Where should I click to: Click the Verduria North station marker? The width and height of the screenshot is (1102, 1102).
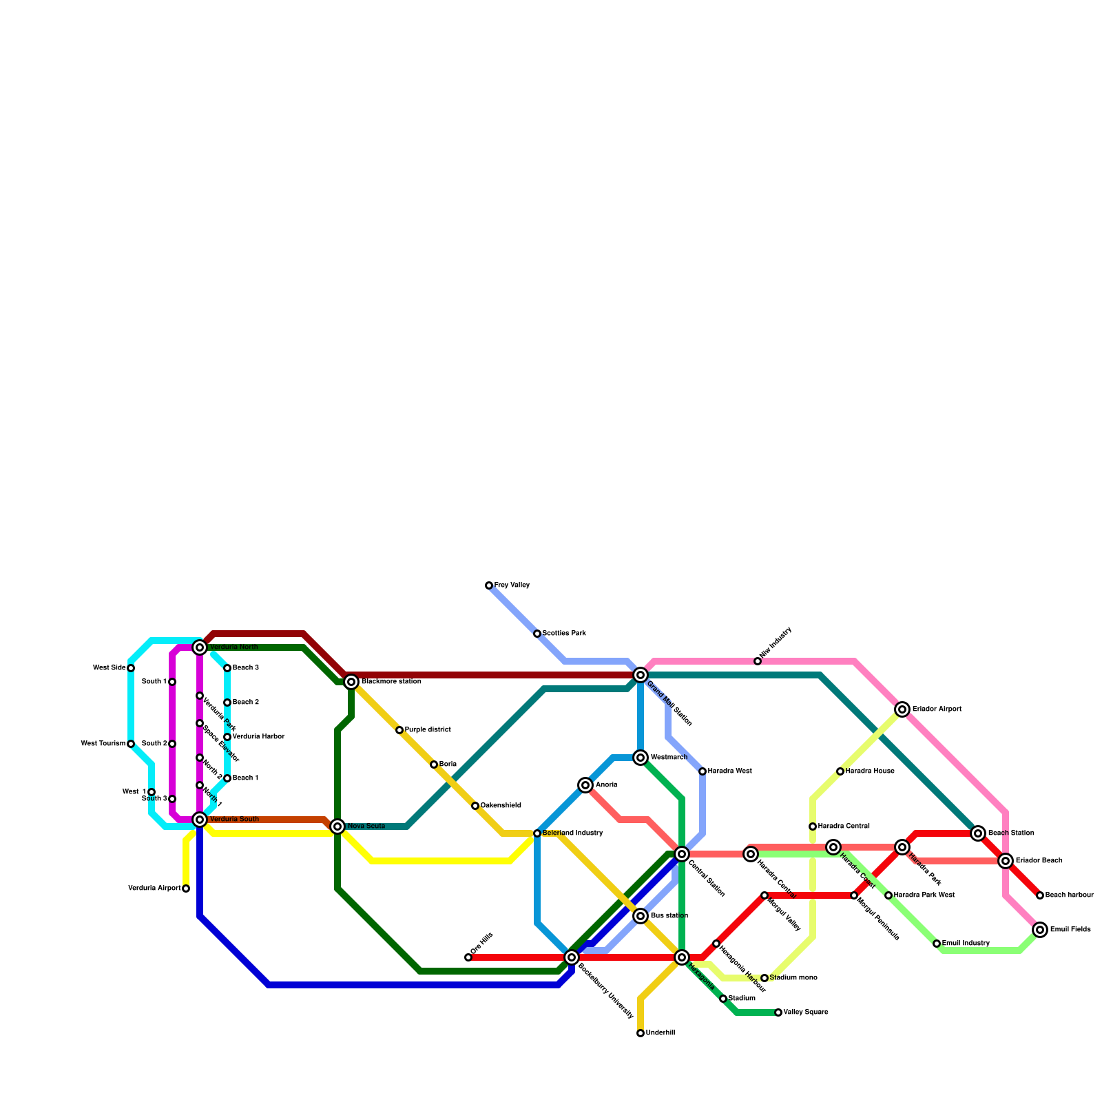(200, 647)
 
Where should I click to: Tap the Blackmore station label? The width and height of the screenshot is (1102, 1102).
(391, 682)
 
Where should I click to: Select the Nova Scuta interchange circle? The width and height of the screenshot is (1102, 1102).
(337, 826)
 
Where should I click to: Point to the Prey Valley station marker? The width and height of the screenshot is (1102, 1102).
(489, 585)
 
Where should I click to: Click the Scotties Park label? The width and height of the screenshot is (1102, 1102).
(564, 634)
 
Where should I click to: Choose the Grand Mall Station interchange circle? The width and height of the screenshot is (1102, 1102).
(641, 674)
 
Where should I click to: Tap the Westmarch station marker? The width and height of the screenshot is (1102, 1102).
(641, 758)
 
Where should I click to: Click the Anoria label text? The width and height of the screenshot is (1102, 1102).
(606, 785)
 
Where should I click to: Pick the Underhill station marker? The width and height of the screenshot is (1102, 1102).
(641, 1033)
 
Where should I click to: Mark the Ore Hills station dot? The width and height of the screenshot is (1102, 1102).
(468, 957)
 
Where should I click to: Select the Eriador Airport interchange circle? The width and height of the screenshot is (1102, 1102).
(902, 709)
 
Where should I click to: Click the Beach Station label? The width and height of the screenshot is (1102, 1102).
(1010, 833)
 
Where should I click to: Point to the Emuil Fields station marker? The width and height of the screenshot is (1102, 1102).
(1040, 930)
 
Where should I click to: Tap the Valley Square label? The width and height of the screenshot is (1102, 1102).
(806, 1012)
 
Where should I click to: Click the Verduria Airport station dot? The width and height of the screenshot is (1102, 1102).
(186, 888)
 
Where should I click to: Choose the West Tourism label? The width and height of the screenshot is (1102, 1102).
(103, 744)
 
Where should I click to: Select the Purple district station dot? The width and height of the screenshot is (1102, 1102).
(399, 730)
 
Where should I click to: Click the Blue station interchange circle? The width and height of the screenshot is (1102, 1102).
(641, 916)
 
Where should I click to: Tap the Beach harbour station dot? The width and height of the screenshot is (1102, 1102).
(1040, 895)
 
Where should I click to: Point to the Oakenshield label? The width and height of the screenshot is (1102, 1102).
(501, 806)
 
